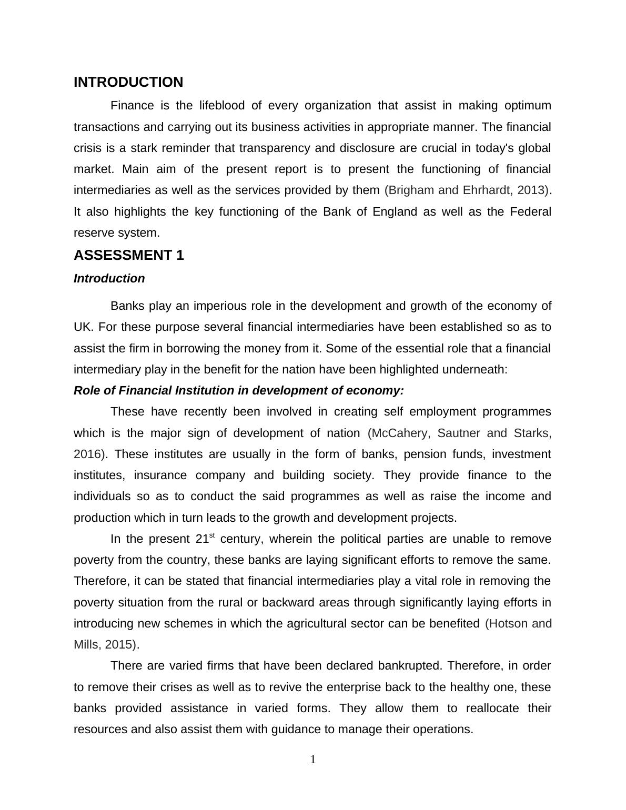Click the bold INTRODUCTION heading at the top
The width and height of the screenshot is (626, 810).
pos(128,83)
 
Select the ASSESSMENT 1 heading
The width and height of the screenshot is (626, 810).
pos(129,256)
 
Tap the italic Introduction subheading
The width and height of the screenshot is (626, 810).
pos(109,279)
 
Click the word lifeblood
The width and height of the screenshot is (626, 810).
pos(221,106)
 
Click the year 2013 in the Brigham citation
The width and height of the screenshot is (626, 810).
pos(530,190)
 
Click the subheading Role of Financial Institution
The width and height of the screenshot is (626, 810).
pos(238,391)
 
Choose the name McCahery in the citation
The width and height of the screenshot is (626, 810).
pos(401,433)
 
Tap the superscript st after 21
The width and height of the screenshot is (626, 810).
pos(212,536)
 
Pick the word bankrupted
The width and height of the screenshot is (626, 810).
pos(410,666)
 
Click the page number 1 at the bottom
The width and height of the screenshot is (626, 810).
pos(313,760)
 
